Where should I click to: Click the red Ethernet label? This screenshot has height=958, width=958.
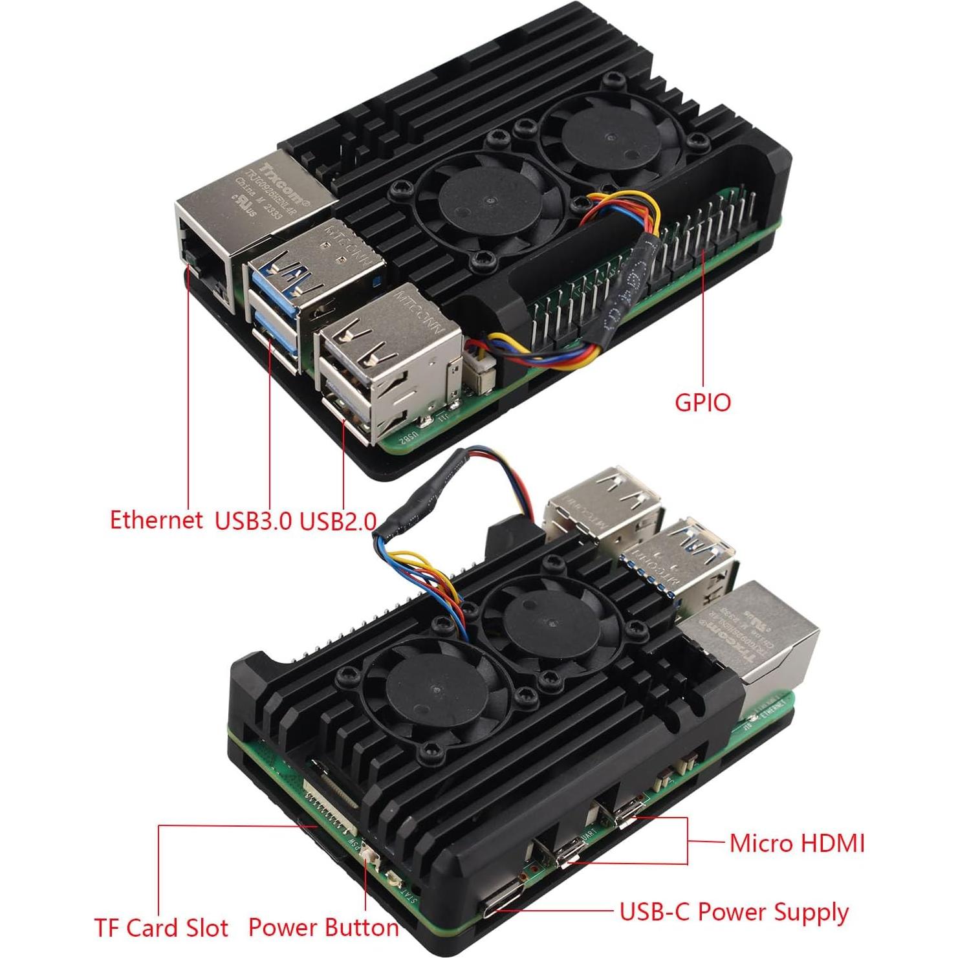[x=155, y=520]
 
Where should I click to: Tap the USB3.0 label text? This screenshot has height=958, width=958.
[x=253, y=521]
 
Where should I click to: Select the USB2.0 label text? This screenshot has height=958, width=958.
[x=338, y=521]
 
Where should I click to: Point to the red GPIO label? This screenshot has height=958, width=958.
[x=702, y=402]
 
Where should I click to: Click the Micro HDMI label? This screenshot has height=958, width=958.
[x=797, y=844]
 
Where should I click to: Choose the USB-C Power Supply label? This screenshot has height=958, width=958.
[x=734, y=912]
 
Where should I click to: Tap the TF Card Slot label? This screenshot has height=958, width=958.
[x=161, y=928]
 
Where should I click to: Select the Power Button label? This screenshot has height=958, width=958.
[x=323, y=928]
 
